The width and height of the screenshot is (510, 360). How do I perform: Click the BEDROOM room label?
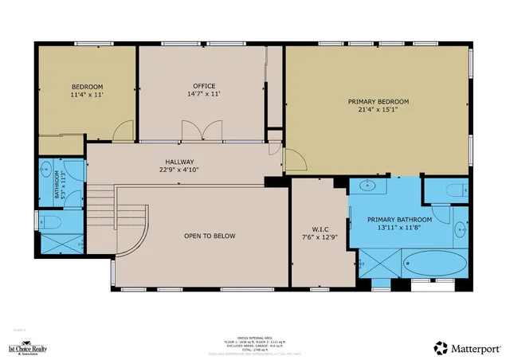click(x=87, y=87)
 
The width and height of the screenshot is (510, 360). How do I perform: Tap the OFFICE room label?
click(x=204, y=86)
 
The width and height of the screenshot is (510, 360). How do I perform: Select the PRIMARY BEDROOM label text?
click(x=378, y=102)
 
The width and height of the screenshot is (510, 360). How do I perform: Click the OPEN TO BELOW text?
click(x=210, y=236)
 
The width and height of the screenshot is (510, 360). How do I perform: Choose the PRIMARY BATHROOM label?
click(x=399, y=220)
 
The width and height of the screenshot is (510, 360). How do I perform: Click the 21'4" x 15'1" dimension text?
click(x=378, y=111)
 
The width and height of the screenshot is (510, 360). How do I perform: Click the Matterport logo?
click(x=468, y=348)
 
